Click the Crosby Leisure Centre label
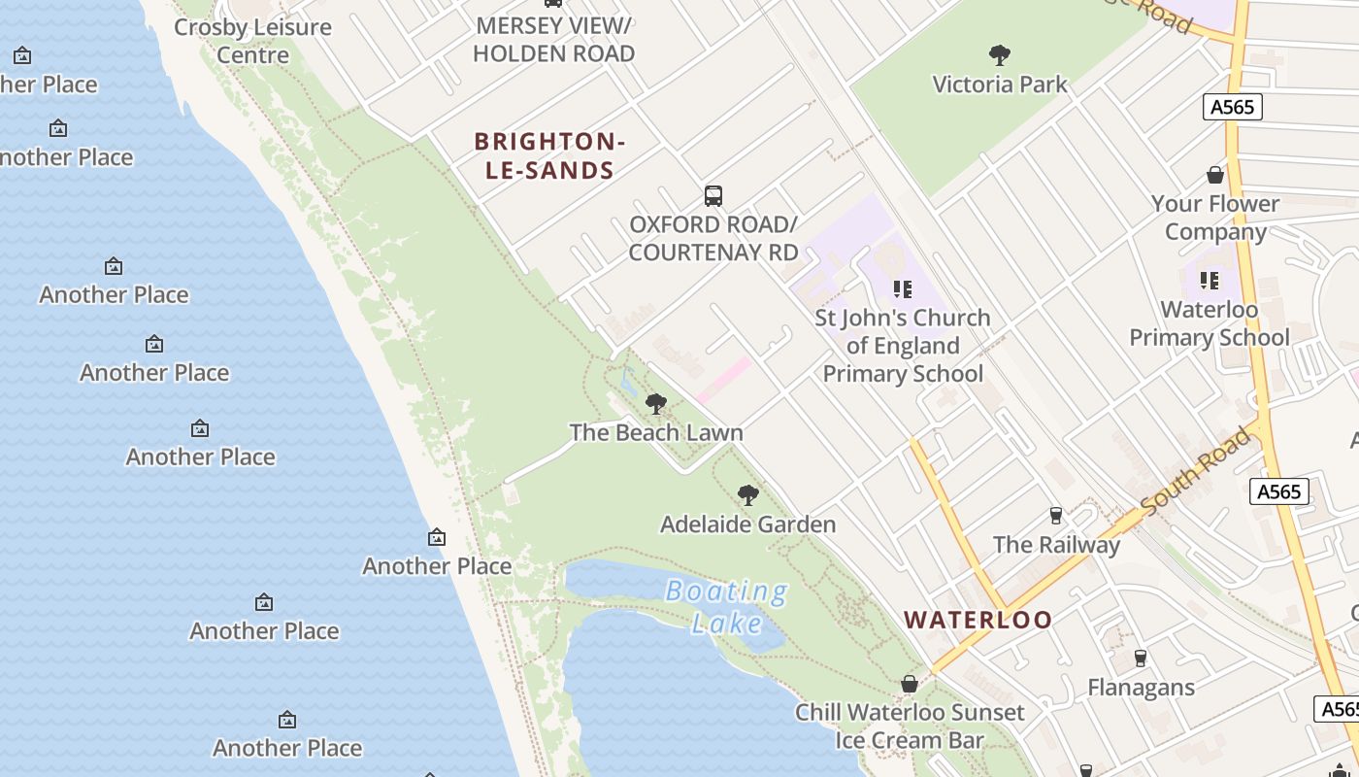click(252, 41)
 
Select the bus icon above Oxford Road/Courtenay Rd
click(713, 196)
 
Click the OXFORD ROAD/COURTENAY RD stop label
click(713, 239)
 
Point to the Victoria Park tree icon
click(999, 55)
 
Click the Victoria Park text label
click(999, 84)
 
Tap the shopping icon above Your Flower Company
click(1214, 175)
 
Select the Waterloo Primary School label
click(1210, 323)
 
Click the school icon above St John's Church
click(903, 289)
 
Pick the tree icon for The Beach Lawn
click(656, 404)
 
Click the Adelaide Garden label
click(747, 524)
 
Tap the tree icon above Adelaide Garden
click(747, 495)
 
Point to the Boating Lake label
click(726, 606)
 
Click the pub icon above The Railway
click(1056, 515)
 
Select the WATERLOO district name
click(978, 620)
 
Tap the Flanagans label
click(1141, 688)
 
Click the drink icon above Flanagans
click(1141, 659)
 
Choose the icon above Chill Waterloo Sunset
click(910, 684)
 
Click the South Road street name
click(1197, 471)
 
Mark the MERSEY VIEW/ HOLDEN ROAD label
click(553, 39)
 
